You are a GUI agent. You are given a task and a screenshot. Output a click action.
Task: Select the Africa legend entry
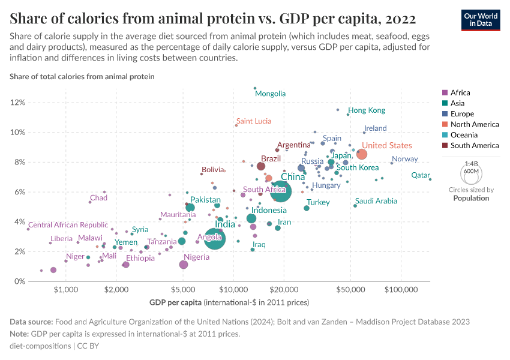[x=460, y=93]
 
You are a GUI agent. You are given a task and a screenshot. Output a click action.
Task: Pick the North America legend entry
[x=475, y=124]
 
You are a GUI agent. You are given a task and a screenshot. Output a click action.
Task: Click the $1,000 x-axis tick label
[x=66, y=289]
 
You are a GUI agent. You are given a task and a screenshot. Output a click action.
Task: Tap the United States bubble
[x=362, y=155]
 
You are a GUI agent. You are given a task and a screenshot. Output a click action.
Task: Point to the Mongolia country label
[x=270, y=94]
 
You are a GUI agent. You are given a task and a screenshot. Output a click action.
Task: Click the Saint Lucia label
[x=253, y=121]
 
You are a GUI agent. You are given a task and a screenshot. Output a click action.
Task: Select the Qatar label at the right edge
[x=420, y=175]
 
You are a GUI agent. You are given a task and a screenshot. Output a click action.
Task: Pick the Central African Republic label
[x=68, y=225]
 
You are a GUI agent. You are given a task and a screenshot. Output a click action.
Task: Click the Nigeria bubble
[x=184, y=265]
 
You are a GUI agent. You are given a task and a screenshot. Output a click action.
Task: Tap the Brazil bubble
[x=261, y=166]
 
